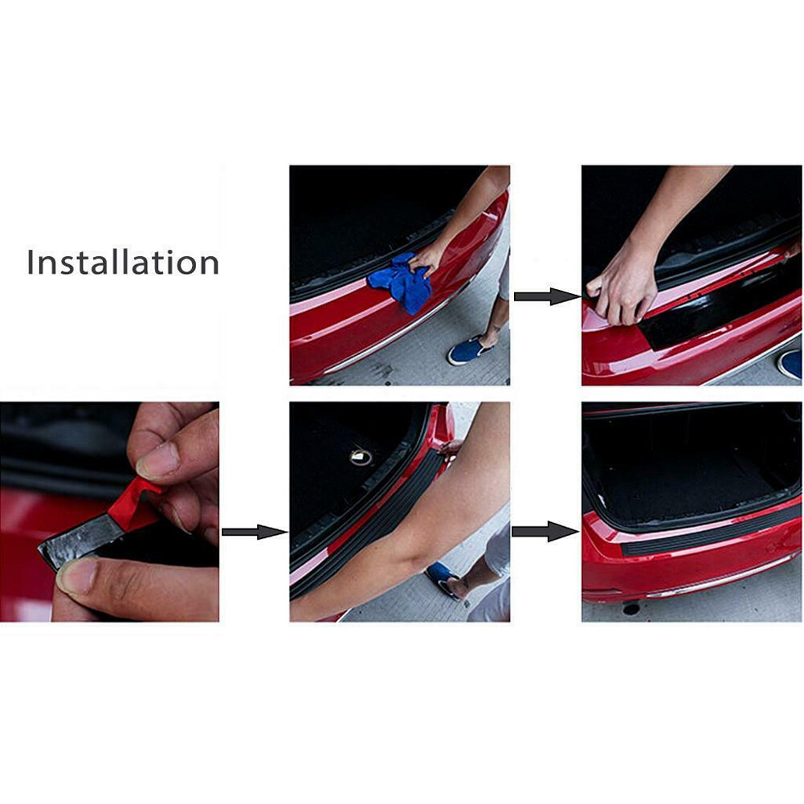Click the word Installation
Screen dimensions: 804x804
coord(123,262)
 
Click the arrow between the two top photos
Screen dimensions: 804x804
coord(547,296)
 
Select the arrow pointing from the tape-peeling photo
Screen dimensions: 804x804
coord(255,532)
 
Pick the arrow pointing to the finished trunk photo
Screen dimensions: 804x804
coord(545,531)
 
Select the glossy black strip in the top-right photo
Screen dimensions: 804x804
coord(718,308)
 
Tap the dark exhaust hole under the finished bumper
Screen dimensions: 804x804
coord(631,609)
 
